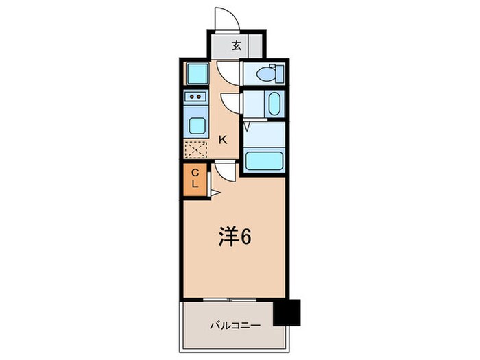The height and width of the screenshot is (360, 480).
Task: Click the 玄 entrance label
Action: pos(236,46)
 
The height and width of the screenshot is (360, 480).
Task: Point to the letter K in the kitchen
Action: pos(223,139)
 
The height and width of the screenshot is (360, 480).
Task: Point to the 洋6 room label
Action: pos(234,237)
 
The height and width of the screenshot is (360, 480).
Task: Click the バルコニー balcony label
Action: pos(235,324)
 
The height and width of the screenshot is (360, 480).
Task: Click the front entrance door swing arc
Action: pos(226,16)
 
